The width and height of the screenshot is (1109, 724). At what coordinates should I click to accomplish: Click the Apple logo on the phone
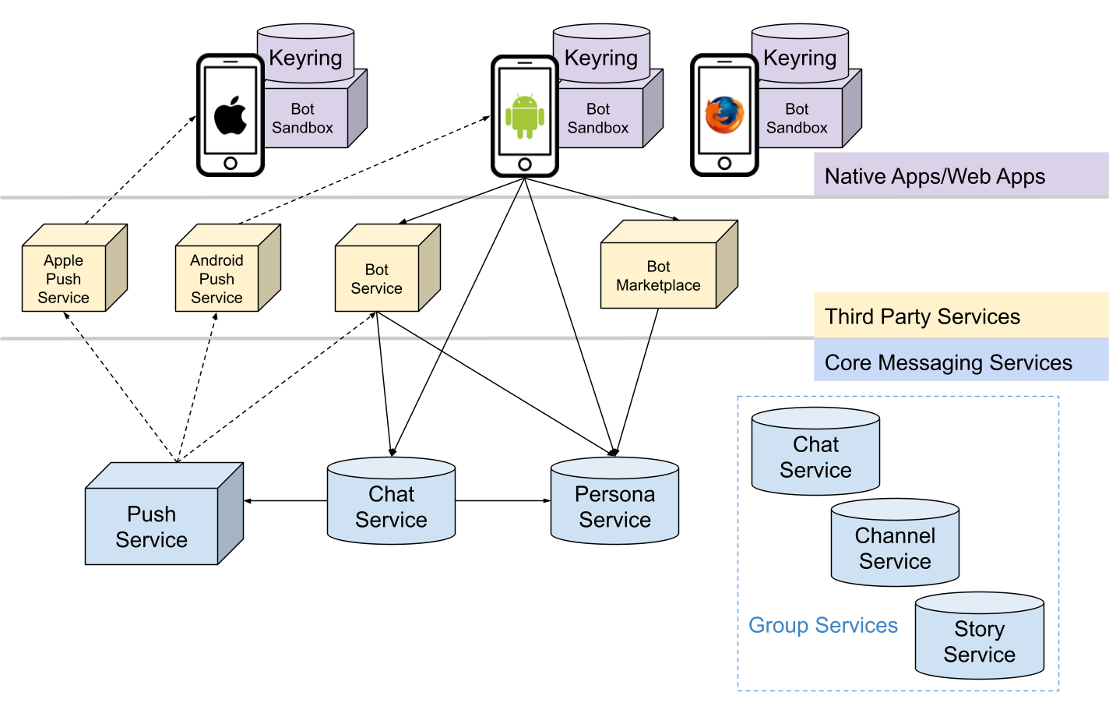pyautogui.click(x=231, y=115)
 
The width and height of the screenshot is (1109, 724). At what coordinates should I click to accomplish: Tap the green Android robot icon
pyautogui.click(x=525, y=116)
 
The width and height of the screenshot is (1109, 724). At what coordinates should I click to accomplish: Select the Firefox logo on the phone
pyautogui.click(x=724, y=115)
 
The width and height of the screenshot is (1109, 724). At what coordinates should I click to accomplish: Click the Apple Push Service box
pyautogui.click(x=64, y=278)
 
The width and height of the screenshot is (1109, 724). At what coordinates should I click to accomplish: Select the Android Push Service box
pyautogui.click(x=217, y=278)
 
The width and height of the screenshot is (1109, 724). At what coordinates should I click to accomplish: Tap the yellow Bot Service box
pyautogui.click(x=377, y=278)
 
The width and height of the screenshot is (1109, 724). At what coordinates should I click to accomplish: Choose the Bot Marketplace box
pyautogui.click(x=659, y=275)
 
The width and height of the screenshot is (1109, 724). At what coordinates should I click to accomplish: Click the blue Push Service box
pyautogui.click(x=152, y=526)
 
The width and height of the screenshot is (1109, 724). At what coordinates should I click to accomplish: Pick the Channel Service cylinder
pyautogui.click(x=895, y=548)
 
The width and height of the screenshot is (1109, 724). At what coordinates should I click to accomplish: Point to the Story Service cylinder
pyautogui.click(x=979, y=641)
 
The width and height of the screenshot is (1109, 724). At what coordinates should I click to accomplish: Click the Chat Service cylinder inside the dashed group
pyautogui.click(x=815, y=457)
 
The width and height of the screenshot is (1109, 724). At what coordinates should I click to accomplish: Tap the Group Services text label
pyautogui.click(x=823, y=625)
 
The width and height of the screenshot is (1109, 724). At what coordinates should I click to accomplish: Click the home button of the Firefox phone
pyautogui.click(x=724, y=163)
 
